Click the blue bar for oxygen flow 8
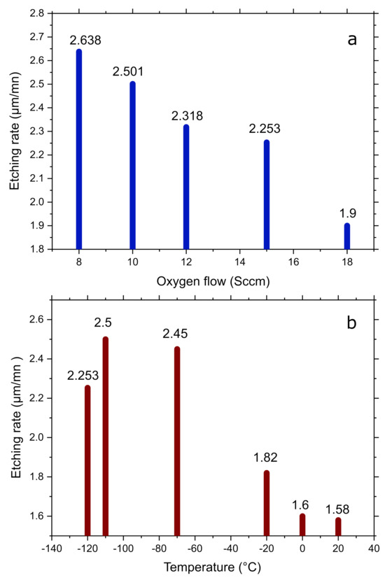pyautogui.click(x=79, y=149)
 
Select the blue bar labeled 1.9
pyautogui.click(x=347, y=236)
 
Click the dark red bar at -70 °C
pyautogui.click(x=177, y=441)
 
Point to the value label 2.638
pyautogui.click(x=85, y=41)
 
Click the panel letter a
pyautogui.click(x=352, y=39)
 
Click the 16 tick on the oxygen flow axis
pyautogui.click(x=293, y=260)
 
